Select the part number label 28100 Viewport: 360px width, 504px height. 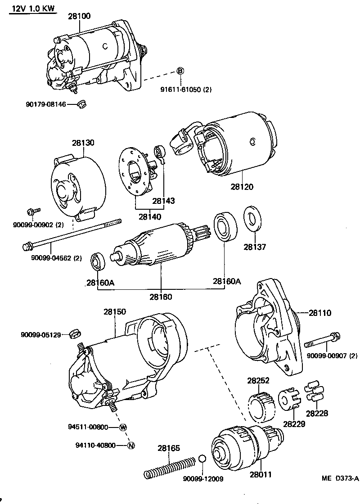pos(79,16)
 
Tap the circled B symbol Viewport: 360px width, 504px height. pos(180,71)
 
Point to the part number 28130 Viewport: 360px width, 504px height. pos(83,143)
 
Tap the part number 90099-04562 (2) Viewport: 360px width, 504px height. pos(57,258)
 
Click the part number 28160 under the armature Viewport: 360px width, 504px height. pos(161,297)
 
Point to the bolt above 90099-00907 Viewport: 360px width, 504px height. pos(323,340)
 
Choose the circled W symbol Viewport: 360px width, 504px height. pos(123,427)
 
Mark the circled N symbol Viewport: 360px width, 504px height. pos(131,445)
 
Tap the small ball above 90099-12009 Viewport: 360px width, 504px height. pos(202,459)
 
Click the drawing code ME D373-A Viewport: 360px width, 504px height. pos(340,478)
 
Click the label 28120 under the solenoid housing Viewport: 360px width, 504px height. pos(242,186)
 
